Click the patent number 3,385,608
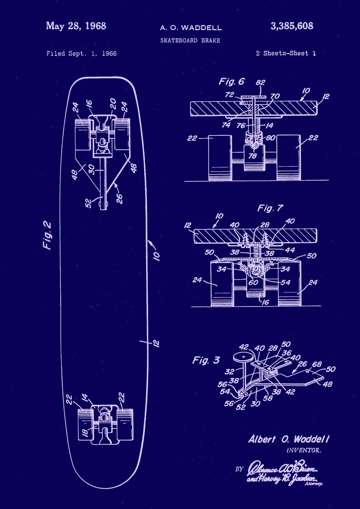292,26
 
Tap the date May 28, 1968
76,26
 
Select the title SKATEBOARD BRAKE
190,40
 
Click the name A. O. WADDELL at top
190,28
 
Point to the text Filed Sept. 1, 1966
81,53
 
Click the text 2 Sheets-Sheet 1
286,53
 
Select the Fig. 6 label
231,82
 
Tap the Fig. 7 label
270,208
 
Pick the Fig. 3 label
206,360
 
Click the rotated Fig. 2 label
47,235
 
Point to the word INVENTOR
304,451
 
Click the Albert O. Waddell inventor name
289,439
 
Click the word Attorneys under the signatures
314,484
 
